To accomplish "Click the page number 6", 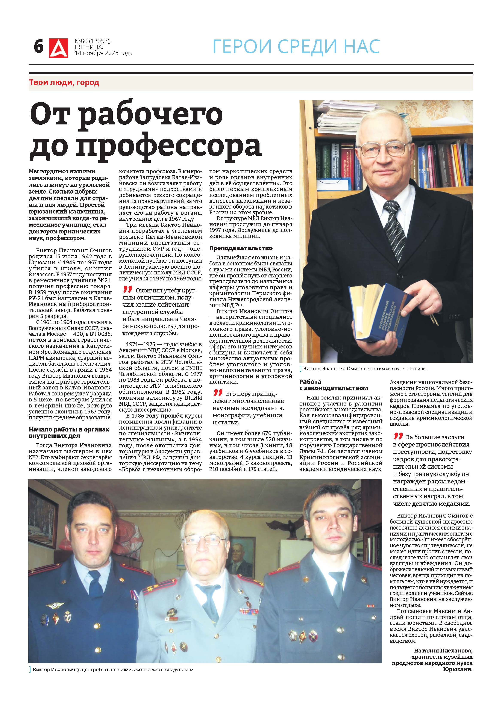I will click(x=39, y=47).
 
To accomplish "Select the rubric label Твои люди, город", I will click(x=64, y=83).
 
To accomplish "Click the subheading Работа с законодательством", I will click(x=334, y=385).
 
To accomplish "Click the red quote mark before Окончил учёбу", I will click(x=127, y=289).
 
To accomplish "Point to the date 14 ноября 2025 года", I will click(x=104, y=53).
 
